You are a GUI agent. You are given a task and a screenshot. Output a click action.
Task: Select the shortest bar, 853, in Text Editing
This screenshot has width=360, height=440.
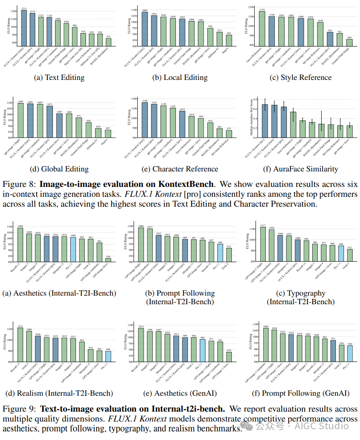click(109, 42)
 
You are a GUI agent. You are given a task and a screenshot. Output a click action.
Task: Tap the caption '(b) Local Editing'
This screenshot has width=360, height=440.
click(180, 77)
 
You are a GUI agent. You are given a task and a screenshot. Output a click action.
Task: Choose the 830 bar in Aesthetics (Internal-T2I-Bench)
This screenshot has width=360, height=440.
click(108, 260)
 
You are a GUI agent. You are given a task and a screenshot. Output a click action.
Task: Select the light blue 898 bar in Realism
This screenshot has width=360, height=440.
click(108, 357)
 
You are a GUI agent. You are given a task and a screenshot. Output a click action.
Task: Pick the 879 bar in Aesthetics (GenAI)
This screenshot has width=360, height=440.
click(229, 357)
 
